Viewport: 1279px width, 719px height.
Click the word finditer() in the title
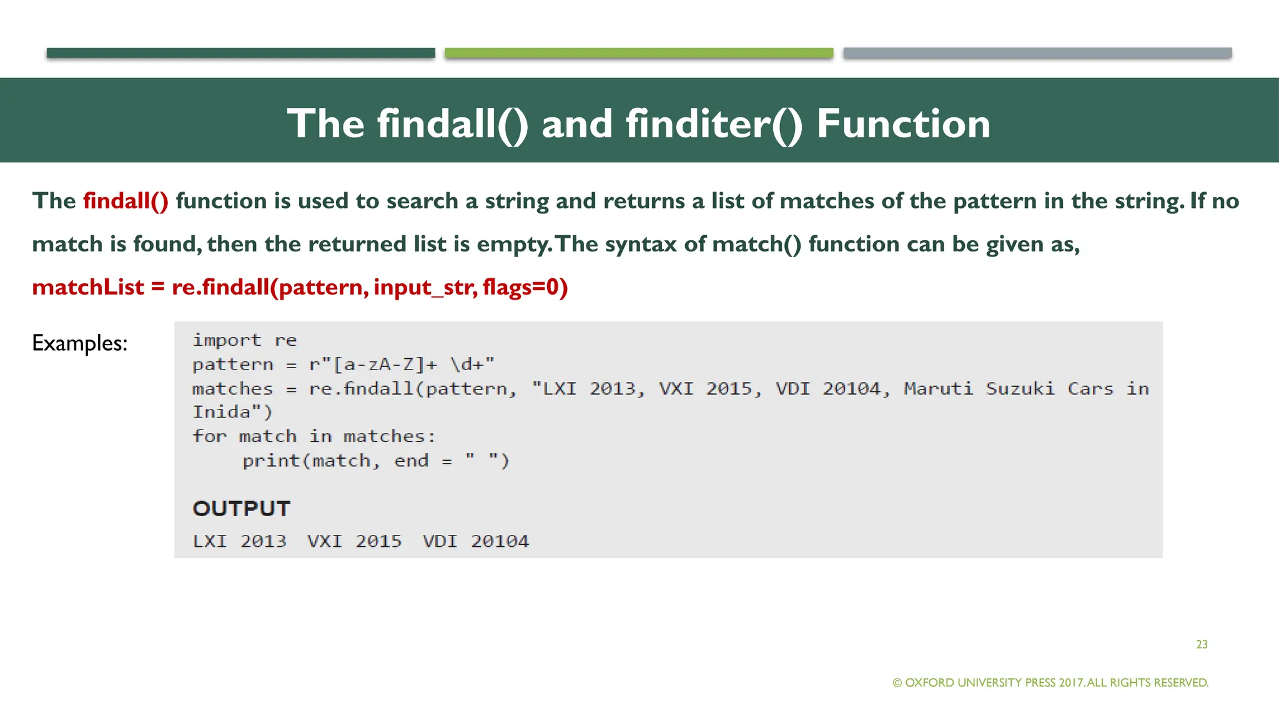point(714,124)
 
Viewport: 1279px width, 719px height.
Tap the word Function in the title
point(903,124)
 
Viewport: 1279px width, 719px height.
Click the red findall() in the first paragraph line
point(126,201)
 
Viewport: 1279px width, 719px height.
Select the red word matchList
point(88,287)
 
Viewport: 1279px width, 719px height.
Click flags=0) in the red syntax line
point(525,287)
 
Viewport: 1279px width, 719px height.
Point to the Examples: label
point(80,343)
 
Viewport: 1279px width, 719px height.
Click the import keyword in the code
point(227,340)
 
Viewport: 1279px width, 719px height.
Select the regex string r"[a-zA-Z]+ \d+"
point(402,364)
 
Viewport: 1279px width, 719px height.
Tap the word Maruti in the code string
point(939,388)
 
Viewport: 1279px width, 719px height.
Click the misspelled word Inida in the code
point(221,412)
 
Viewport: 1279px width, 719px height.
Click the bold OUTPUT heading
point(242,509)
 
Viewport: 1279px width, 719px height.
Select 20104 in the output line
point(500,541)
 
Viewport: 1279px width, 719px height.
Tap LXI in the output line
point(210,541)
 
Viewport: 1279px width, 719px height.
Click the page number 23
point(1202,645)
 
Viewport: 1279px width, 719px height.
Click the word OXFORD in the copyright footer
point(929,683)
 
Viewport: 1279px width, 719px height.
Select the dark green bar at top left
point(240,53)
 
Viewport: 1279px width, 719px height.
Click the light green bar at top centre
point(639,53)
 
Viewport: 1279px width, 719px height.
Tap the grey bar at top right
point(1037,53)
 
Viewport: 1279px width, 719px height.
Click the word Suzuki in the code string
point(1020,388)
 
